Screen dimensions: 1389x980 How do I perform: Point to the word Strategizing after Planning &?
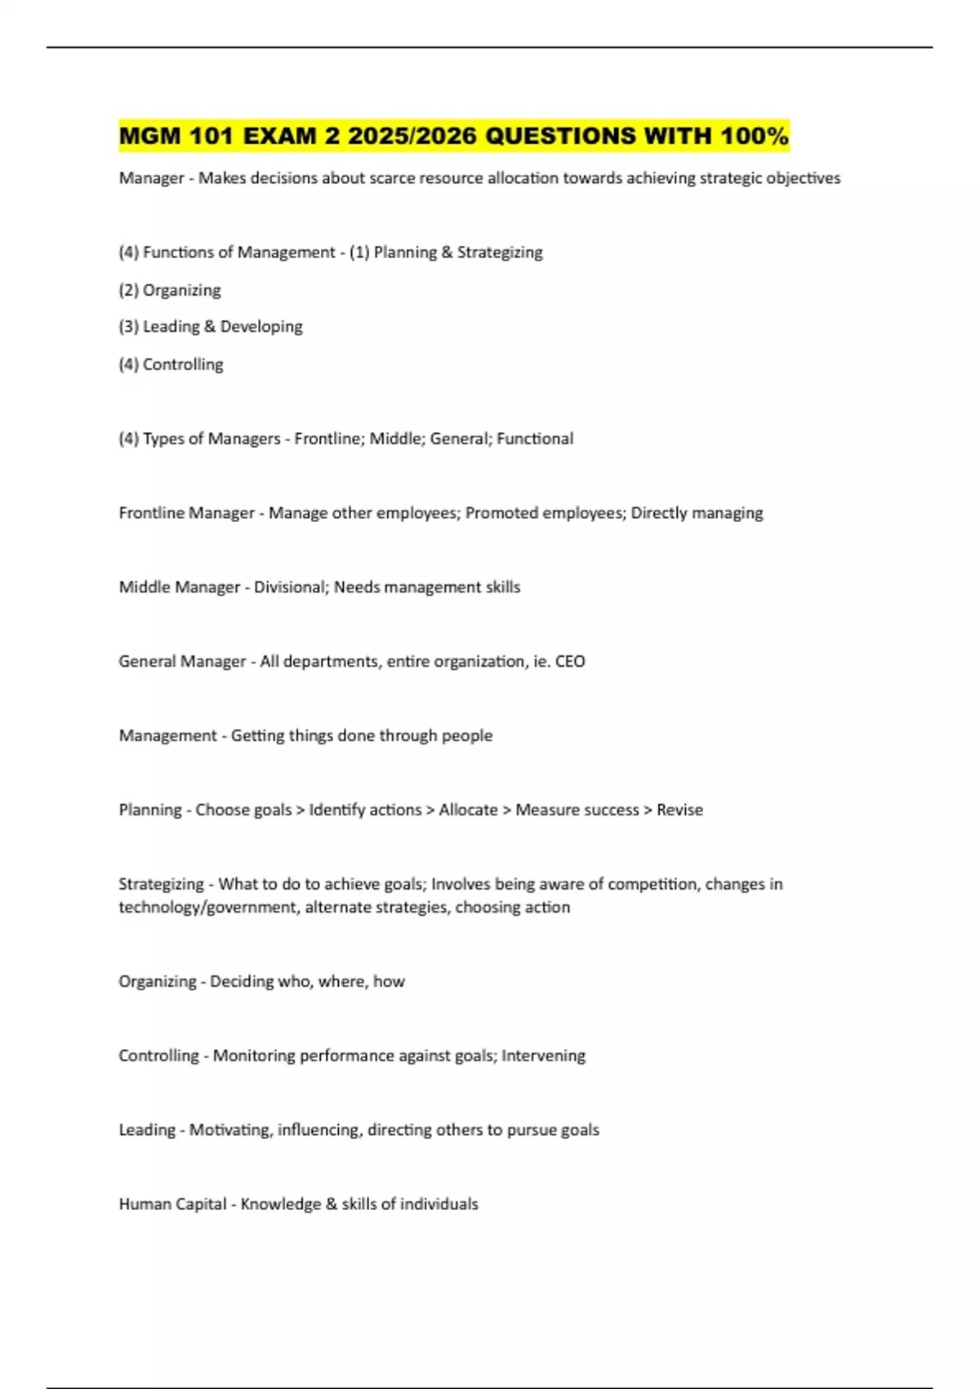point(500,252)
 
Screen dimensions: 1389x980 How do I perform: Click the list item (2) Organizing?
point(170,290)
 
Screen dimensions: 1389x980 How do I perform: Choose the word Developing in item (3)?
point(261,327)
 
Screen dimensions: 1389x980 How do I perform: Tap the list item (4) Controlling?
point(171,364)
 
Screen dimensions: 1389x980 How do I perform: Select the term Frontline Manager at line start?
point(186,513)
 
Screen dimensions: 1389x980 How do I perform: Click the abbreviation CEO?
point(570,662)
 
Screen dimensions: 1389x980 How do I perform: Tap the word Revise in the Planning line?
point(679,811)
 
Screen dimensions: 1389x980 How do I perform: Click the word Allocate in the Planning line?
point(468,811)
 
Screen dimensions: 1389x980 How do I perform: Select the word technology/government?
point(207,908)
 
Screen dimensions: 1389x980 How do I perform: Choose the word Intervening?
point(543,1056)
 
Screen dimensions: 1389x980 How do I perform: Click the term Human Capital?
point(172,1204)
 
